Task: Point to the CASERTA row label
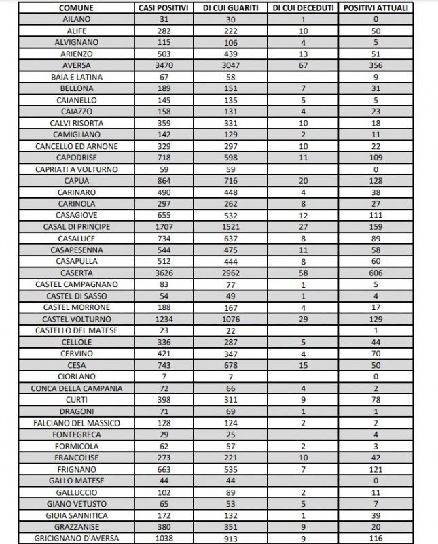coord(76,272)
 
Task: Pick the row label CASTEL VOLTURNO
coord(76,318)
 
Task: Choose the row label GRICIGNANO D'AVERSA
coord(76,538)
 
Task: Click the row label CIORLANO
coord(76,376)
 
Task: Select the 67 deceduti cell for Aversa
coord(303,65)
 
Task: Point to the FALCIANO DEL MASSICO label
coord(76,423)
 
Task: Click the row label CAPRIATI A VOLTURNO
coord(76,169)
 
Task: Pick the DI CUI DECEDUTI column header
coord(303,7)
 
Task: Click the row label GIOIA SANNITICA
coord(76,515)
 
